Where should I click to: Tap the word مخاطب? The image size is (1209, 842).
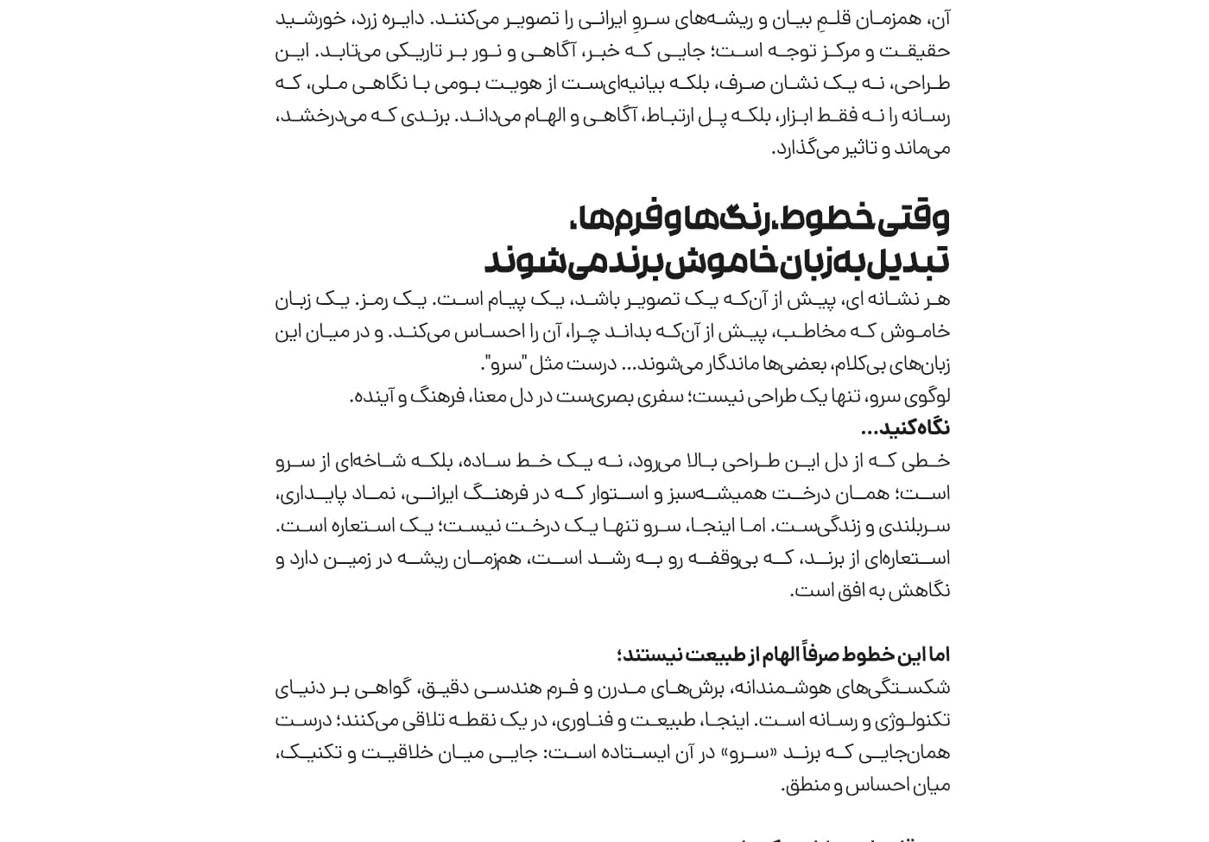(x=826, y=332)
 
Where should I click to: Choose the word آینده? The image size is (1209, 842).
(x=373, y=396)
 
